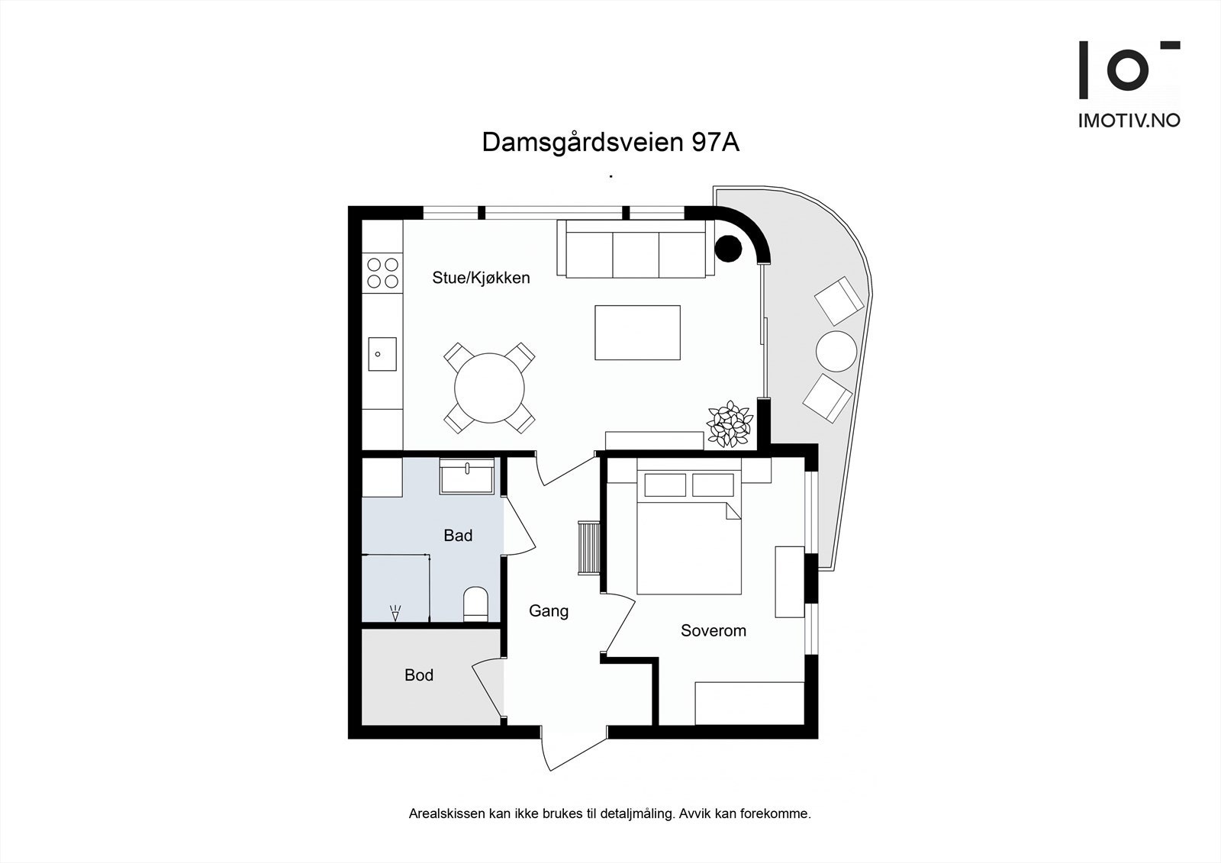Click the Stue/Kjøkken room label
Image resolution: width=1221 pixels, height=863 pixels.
click(481, 278)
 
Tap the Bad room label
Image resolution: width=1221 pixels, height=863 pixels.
click(458, 536)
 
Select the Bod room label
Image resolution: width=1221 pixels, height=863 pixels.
click(419, 675)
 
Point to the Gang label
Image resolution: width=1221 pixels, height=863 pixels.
click(549, 611)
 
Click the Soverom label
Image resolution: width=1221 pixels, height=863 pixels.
click(714, 631)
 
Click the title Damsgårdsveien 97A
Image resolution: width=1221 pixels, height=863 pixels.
click(610, 143)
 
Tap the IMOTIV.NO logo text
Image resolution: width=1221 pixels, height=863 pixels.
click(1129, 121)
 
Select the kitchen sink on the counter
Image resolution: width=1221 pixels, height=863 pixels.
click(382, 354)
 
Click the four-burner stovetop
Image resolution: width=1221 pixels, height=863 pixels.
click(382, 273)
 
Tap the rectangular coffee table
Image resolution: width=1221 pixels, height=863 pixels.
click(637, 332)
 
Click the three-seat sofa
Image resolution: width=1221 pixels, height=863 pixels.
click(636, 250)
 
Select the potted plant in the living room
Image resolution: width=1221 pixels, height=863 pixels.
click(730, 423)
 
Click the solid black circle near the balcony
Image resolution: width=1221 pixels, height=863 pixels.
click(728, 247)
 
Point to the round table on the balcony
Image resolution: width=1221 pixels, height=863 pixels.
click(836, 351)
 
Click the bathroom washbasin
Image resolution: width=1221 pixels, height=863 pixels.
click(467, 478)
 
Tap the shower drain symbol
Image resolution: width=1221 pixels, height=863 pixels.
click(395, 612)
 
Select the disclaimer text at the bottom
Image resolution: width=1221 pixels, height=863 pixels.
click(610, 813)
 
